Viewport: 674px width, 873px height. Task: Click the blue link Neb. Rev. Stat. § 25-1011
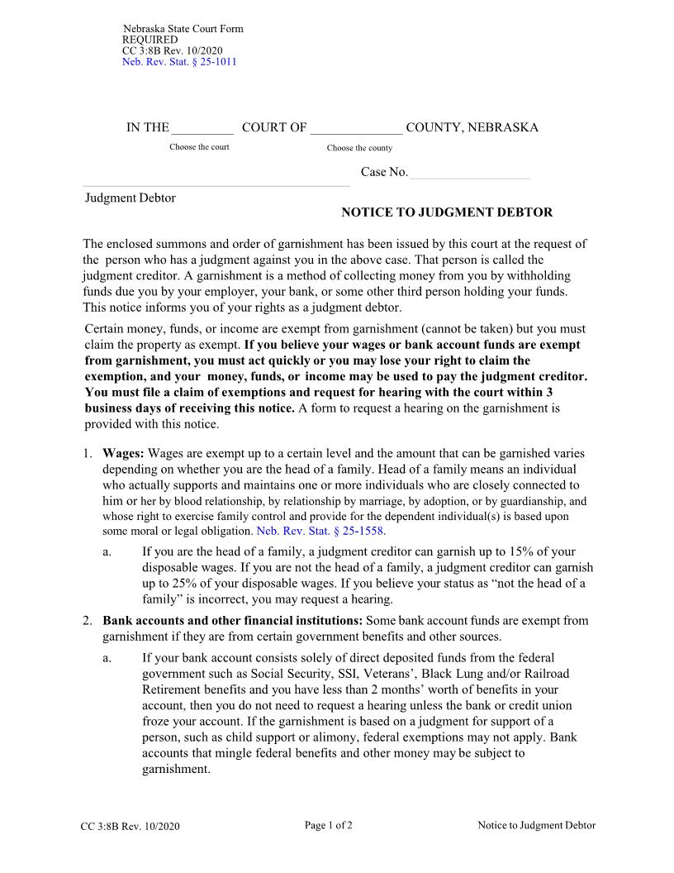(x=179, y=62)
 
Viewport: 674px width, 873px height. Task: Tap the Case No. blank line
(x=469, y=173)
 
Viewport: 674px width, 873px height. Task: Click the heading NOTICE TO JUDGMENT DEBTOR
(x=447, y=212)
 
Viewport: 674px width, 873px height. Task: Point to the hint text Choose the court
(x=199, y=147)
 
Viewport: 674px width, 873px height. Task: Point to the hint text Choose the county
(x=359, y=148)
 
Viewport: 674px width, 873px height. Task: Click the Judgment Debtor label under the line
(x=131, y=198)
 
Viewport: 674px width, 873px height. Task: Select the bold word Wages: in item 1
(x=124, y=454)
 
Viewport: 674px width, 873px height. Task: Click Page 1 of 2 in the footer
(x=329, y=825)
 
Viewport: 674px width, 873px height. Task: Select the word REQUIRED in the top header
(x=150, y=40)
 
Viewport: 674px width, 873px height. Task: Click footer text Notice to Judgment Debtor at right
(x=536, y=825)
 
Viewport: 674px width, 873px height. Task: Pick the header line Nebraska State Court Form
(x=183, y=29)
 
